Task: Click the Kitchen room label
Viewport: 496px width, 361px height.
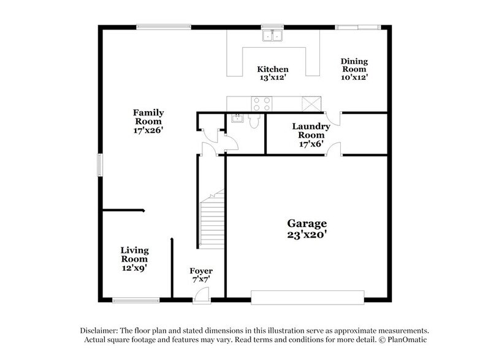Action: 272,69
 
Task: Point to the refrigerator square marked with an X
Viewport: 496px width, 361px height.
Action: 311,103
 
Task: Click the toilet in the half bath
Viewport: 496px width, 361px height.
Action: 255,120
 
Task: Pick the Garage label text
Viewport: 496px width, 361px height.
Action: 308,223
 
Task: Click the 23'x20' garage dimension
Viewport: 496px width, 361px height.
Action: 308,235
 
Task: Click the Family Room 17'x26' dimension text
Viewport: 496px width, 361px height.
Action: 148,130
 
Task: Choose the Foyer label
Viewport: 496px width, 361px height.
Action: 201,271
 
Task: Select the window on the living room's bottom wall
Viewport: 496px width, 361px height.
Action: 132,300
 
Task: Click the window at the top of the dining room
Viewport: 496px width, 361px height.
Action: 357,27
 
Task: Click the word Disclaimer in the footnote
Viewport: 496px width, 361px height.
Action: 101,330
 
